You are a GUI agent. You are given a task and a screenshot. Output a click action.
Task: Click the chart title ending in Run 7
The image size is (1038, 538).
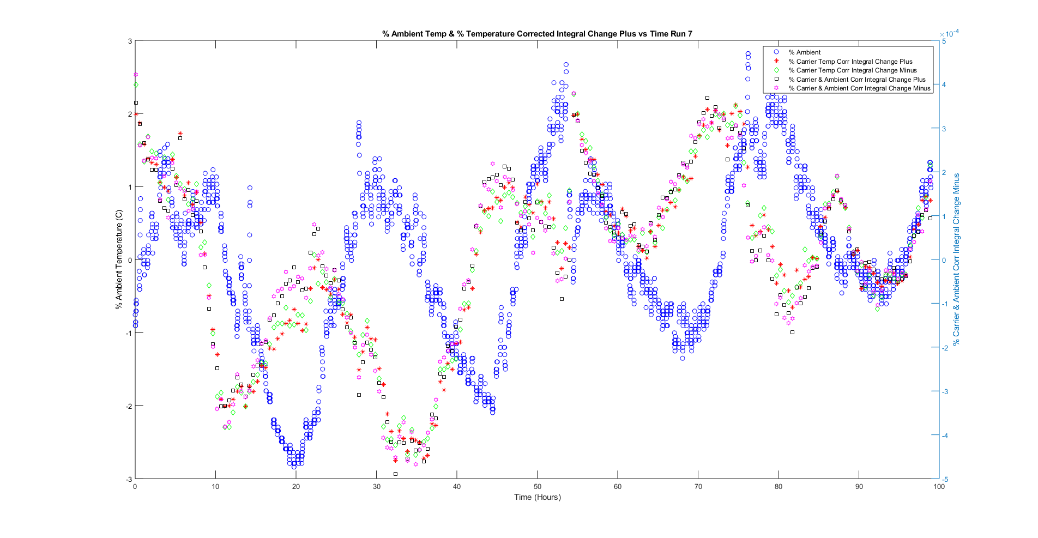[x=537, y=34]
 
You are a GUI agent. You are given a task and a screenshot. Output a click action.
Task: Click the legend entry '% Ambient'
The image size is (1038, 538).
[x=804, y=52]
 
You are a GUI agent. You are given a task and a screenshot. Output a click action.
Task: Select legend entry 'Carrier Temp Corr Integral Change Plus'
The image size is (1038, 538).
[x=850, y=62]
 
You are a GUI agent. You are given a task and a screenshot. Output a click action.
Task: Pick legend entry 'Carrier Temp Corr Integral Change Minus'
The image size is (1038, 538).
[x=852, y=70]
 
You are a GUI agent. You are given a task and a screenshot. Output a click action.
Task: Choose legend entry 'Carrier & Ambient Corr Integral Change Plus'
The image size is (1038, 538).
[x=856, y=80]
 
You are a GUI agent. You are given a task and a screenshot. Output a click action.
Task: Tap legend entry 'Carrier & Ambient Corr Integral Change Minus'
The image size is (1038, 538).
[x=859, y=88]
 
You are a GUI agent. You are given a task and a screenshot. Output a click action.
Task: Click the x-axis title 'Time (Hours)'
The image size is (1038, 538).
[x=537, y=497]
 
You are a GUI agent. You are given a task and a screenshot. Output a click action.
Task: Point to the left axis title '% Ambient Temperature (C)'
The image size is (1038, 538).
[x=119, y=260]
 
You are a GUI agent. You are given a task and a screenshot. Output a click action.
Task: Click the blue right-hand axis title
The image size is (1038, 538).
[x=956, y=260]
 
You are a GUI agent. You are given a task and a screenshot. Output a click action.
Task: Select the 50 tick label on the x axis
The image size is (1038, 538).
[x=537, y=487]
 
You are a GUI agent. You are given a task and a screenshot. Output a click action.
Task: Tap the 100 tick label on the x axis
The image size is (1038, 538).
[x=939, y=487]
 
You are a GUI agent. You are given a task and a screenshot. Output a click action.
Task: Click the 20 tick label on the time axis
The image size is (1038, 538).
[x=296, y=487]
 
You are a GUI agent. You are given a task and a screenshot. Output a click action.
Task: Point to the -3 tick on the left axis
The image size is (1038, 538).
[x=129, y=479]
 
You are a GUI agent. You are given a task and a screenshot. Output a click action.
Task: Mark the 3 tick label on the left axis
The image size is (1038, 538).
[x=130, y=41]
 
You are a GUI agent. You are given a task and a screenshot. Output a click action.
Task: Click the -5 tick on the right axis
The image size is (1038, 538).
[x=944, y=479]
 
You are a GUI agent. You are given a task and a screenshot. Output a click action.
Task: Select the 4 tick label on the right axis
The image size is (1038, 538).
[x=944, y=85]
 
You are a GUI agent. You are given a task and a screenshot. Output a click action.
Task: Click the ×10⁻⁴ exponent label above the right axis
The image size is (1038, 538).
[x=949, y=34]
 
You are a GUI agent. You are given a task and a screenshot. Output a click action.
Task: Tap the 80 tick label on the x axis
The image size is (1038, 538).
[x=778, y=487]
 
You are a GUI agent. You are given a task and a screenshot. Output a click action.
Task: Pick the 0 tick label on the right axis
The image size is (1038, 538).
[x=944, y=260]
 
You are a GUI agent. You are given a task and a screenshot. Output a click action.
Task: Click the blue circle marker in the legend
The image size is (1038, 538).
[x=776, y=52]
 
